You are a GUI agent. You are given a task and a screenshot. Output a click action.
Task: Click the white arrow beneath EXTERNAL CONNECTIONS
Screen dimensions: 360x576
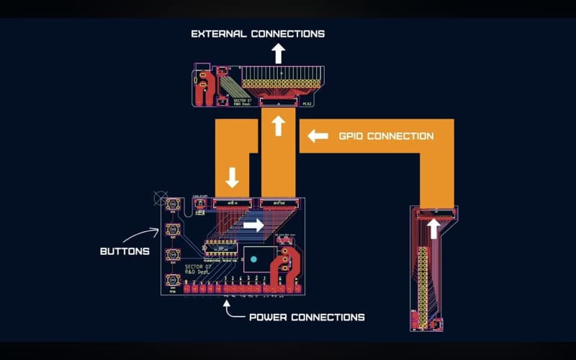click(278, 53)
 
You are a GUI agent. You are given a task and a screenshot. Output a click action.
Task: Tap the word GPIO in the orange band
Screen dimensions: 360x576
click(352, 135)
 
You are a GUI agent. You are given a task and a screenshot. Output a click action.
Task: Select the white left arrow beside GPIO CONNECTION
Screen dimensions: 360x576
click(318, 135)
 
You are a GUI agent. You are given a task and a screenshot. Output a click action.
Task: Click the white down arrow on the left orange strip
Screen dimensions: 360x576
click(233, 176)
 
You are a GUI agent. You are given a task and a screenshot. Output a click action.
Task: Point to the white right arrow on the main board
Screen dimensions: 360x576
click(253, 225)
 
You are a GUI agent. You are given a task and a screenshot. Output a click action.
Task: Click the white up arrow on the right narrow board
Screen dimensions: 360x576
click(433, 228)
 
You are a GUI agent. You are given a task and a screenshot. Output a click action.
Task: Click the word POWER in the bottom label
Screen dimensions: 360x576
click(268, 317)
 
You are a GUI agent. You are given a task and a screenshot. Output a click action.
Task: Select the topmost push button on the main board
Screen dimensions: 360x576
click(173, 205)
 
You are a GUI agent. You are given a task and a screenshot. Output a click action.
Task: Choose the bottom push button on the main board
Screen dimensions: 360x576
click(173, 279)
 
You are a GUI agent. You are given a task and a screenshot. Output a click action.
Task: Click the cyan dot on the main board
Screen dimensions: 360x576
click(253, 258)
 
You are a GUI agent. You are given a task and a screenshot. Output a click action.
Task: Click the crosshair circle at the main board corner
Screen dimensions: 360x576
click(161, 197)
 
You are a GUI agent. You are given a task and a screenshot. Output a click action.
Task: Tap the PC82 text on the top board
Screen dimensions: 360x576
click(307, 104)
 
